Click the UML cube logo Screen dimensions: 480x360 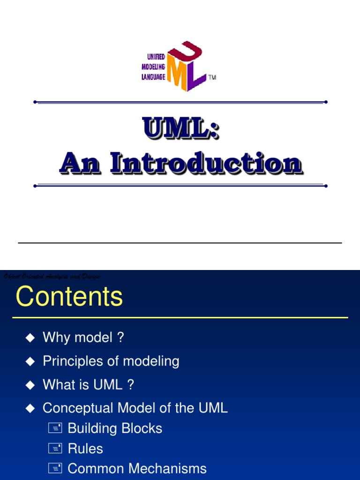point(187,66)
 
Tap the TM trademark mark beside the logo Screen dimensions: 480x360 point(212,77)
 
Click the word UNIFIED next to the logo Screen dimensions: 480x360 point(153,57)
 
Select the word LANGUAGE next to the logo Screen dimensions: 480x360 point(153,77)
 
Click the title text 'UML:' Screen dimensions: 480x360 point(181,128)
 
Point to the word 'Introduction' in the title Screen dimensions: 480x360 point(206,164)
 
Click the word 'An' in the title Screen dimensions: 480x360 point(80,164)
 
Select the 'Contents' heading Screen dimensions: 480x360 point(69,297)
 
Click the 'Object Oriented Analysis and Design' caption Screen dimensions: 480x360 point(52,277)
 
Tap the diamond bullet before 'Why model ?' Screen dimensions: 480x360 point(30,337)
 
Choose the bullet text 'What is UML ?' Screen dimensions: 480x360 point(88,384)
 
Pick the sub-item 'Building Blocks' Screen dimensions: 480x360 point(115,428)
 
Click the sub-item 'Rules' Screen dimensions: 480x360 point(85,449)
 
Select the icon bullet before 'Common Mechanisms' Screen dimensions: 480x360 point(55,469)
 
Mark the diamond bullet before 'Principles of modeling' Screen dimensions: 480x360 point(30,361)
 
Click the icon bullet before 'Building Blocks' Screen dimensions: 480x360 point(55,428)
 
